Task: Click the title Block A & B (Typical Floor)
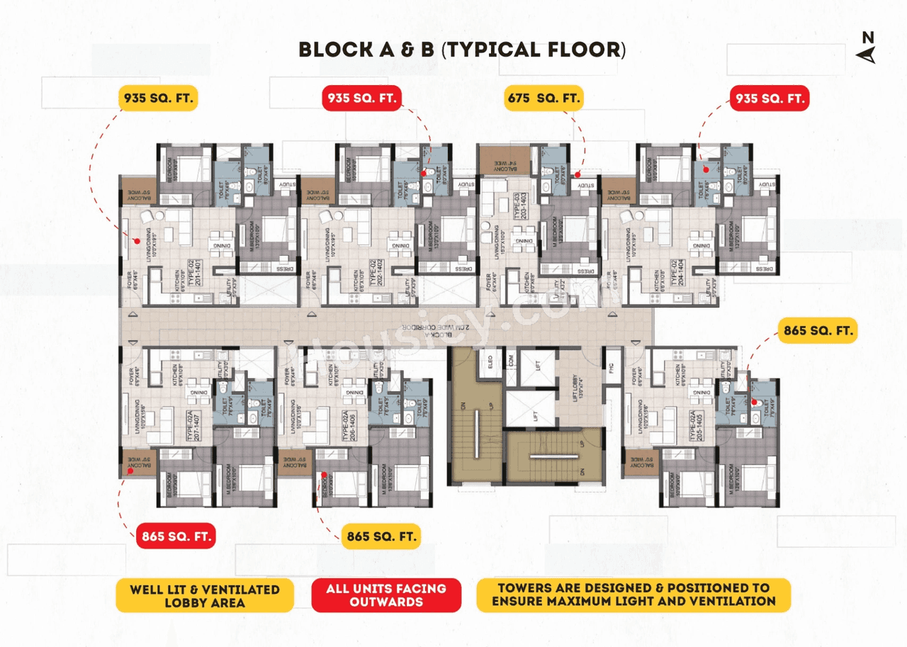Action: pyautogui.click(x=463, y=50)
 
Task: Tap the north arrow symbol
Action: pyautogui.click(x=868, y=47)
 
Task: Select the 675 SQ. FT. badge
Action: pyautogui.click(x=543, y=98)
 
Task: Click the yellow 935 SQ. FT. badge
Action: pyautogui.click(x=157, y=98)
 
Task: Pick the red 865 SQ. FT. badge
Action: pyautogui.click(x=175, y=536)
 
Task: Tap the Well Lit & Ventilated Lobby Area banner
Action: pyautogui.click(x=204, y=595)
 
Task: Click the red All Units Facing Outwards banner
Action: pyautogui.click(x=385, y=595)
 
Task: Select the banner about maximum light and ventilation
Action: pyautogui.click(x=633, y=595)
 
